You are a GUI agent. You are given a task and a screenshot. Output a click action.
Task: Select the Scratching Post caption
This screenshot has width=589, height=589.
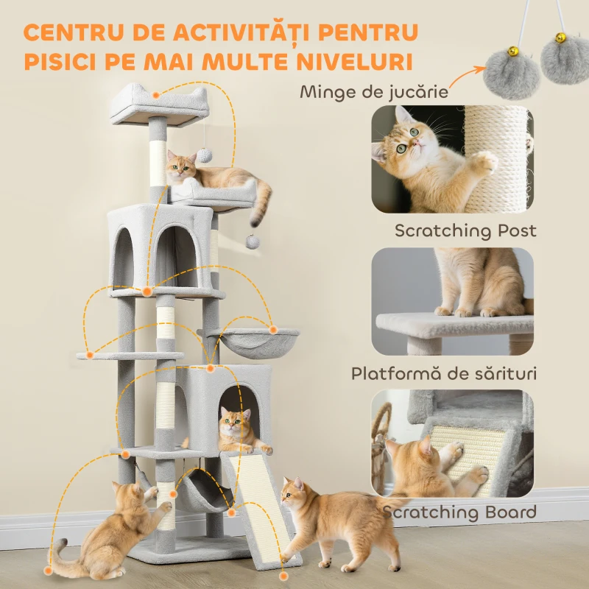pyautogui.click(x=465, y=230)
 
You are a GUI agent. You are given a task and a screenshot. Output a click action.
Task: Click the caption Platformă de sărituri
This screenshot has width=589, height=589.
pyautogui.click(x=443, y=373)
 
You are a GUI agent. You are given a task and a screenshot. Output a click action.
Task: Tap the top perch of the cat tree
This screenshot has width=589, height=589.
pyautogui.click(x=160, y=103)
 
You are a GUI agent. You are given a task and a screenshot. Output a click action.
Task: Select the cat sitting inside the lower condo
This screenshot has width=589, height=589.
pyautogui.click(x=237, y=430)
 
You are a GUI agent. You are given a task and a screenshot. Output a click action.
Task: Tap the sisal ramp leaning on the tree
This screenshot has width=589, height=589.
pyautogui.click(x=260, y=508)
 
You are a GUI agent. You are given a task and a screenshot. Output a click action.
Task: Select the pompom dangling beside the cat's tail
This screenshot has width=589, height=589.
pyautogui.click(x=253, y=241)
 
